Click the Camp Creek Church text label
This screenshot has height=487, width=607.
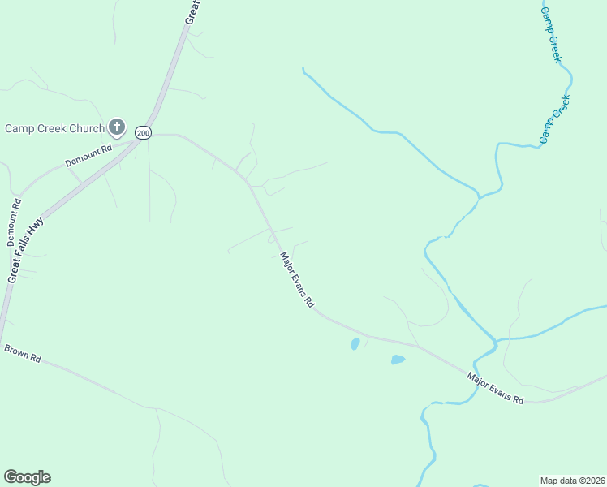(x=54, y=128)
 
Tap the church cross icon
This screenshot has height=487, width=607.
(x=117, y=127)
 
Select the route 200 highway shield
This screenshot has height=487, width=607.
(x=143, y=132)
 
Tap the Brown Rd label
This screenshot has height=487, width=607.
(x=22, y=354)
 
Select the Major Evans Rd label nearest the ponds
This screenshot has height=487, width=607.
(x=496, y=389)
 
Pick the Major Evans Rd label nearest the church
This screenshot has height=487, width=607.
(x=297, y=280)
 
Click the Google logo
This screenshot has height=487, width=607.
(x=27, y=477)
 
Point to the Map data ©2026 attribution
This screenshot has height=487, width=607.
(x=571, y=480)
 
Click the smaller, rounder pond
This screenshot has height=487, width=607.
(x=355, y=344)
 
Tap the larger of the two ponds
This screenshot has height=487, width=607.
(x=398, y=360)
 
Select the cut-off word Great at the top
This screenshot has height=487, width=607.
(x=193, y=11)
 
